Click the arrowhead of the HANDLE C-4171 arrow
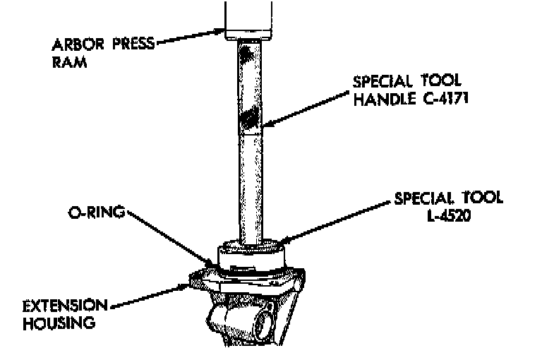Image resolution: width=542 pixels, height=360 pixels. click(263, 127)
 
